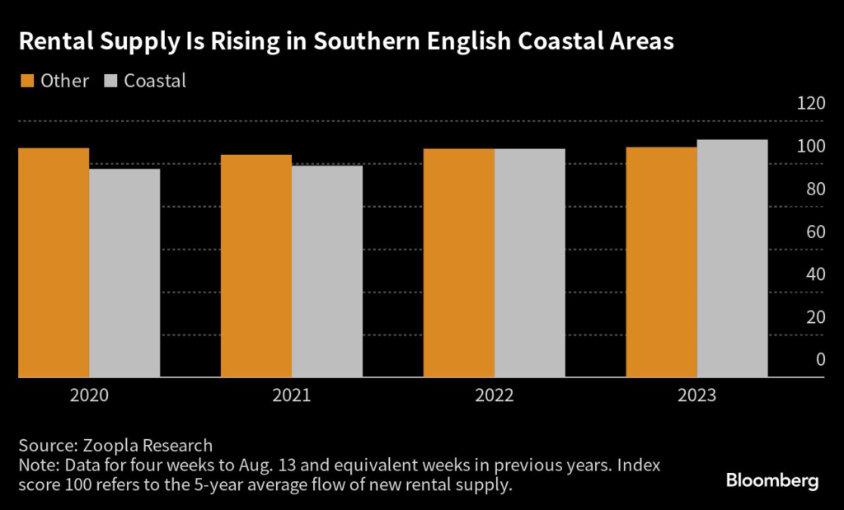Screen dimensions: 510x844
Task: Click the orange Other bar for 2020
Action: [x=54, y=263]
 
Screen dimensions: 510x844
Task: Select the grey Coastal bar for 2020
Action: [x=124, y=273]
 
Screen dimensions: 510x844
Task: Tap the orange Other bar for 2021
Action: [x=256, y=266]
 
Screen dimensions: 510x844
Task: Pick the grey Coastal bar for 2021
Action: [x=327, y=272]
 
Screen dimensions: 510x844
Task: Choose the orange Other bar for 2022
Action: [x=459, y=263]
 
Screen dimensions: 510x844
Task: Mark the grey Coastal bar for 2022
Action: [x=530, y=263]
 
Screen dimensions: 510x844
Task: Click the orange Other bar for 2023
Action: [x=662, y=262]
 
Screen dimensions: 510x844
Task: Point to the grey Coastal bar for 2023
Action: [x=733, y=259]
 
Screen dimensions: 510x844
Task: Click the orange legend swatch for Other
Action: [x=26, y=81]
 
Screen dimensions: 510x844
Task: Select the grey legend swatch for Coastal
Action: [x=111, y=81]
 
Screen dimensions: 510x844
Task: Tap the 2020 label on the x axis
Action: [x=89, y=396]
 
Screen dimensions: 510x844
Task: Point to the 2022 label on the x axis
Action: [x=495, y=396]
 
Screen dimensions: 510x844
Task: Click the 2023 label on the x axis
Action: [x=697, y=396]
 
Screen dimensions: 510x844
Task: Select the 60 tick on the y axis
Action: [x=815, y=232]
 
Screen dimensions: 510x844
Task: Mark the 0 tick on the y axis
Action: [x=820, y=359]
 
